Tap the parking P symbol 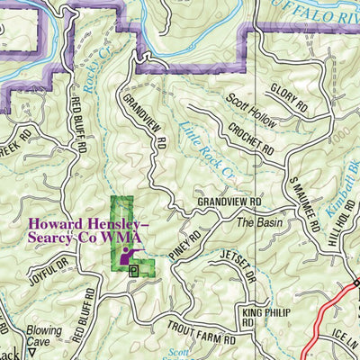[x=134, y=269]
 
